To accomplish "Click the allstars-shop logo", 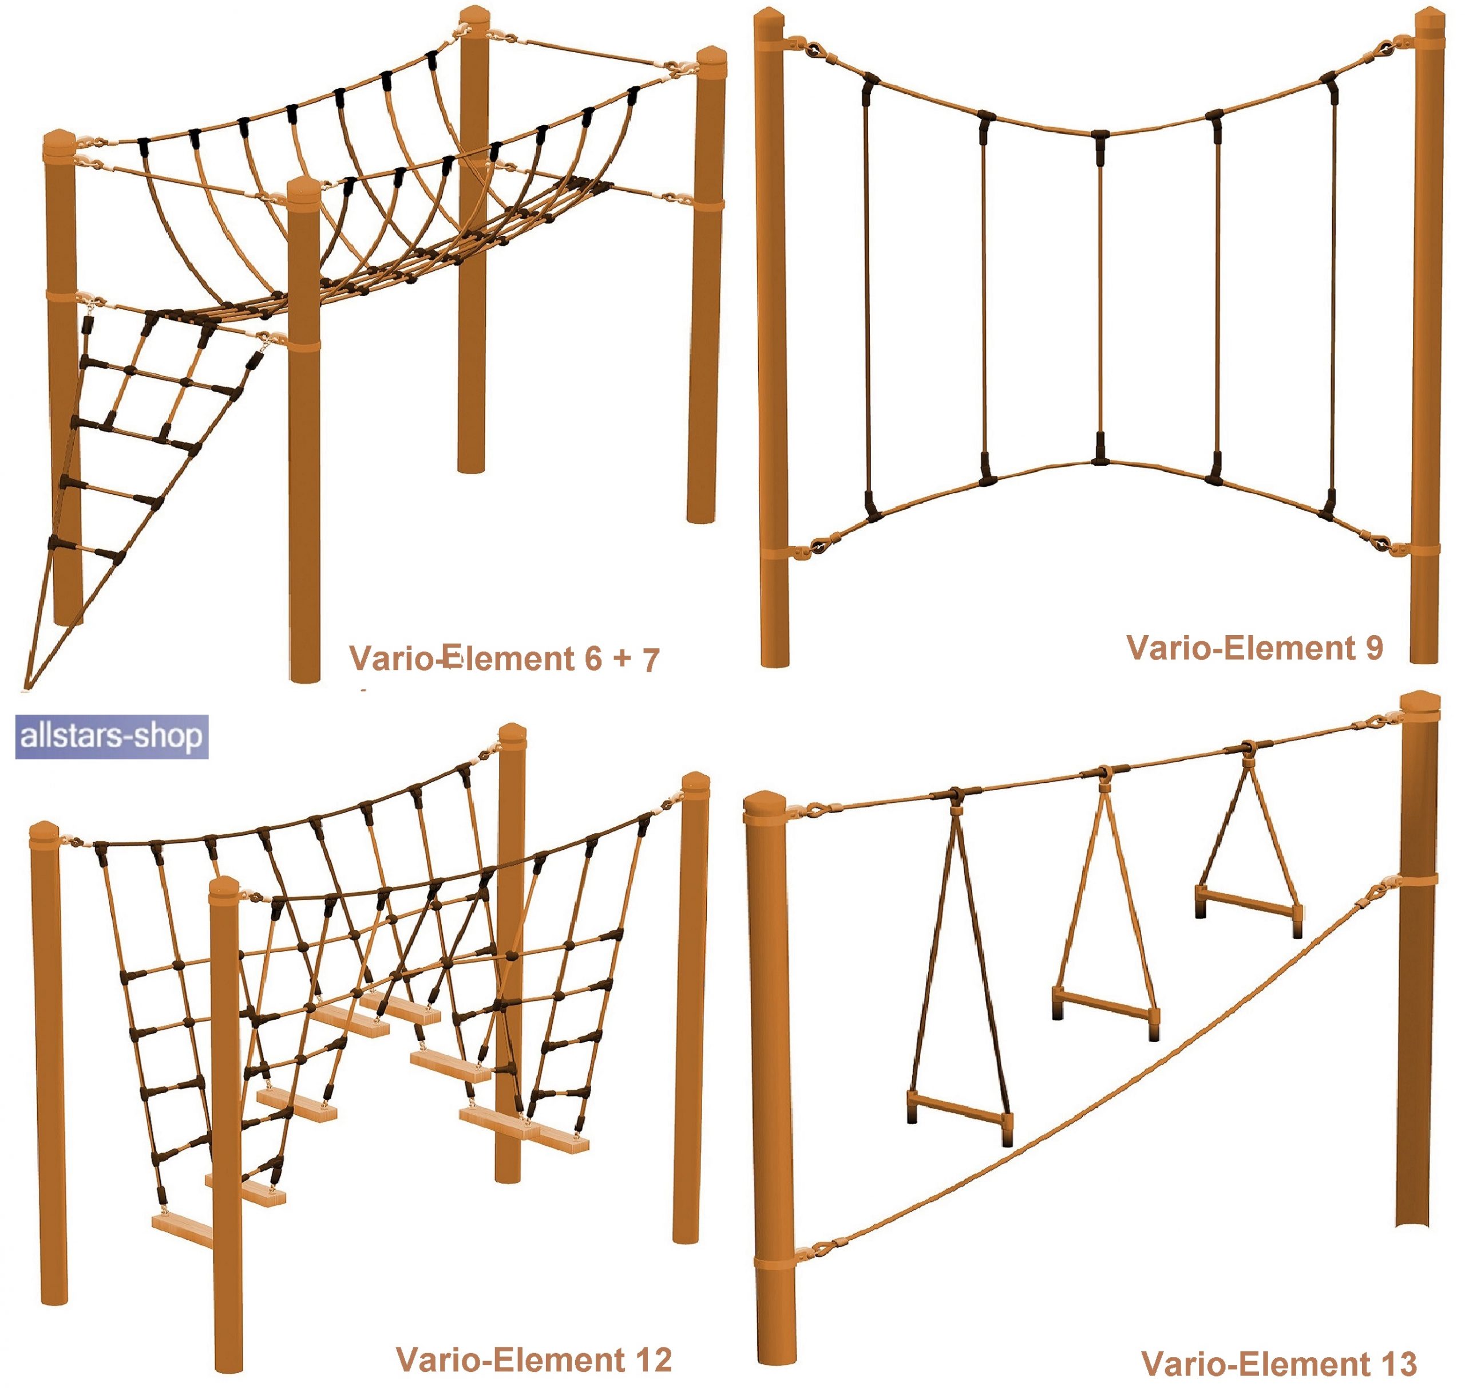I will click(x=112, y=736).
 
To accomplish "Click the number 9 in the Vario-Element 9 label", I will click(x=1373, y=648).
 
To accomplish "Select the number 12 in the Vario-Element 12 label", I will click(x=653, y=1359).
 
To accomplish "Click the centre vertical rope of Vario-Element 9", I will click(x=1100, y=296).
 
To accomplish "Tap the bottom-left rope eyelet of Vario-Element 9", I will click(x=817, y=547).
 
